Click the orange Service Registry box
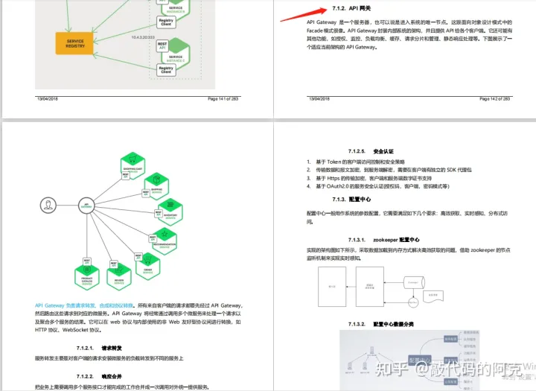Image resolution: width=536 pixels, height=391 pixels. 75,42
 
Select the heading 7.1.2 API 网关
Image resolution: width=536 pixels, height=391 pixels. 350,10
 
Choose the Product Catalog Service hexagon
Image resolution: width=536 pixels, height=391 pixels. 88,273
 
